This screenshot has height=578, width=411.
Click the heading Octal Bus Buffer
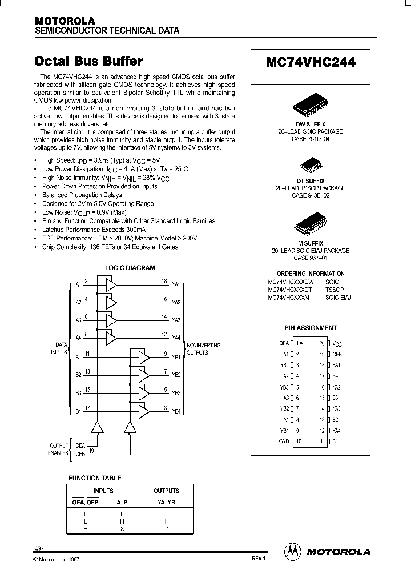point(88,61)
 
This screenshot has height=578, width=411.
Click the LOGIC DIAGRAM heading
point(130,268)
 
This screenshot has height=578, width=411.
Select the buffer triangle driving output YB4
point(143,410)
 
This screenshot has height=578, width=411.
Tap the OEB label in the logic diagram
point(80,453)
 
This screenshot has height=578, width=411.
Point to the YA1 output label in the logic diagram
point(176,284)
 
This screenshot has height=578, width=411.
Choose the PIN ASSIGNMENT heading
point(311,328)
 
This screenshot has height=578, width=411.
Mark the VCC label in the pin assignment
point(337,343)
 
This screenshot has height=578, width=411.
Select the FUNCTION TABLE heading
point(95,478)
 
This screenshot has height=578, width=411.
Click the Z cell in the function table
point(166,529)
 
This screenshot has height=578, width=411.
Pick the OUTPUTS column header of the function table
point(166,491)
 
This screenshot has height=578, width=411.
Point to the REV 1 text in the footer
point(259,559)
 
